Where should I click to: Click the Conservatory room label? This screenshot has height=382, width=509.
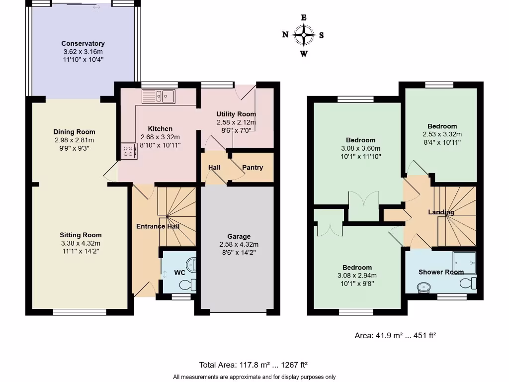pos(83,43)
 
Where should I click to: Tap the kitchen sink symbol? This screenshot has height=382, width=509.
pos(158,96)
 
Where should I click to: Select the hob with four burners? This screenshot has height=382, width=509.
pos(128,150)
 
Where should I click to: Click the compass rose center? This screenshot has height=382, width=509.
pos(304,35)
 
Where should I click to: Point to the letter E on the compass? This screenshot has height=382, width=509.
pos(304,17)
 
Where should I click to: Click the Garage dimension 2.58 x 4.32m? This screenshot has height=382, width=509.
pos(239,244)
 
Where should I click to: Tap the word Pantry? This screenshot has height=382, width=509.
pos(253,168)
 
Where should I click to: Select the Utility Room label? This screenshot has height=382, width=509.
pos(236,114)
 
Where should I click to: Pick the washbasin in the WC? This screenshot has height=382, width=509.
pos(191,264)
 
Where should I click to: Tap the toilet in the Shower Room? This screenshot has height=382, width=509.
pos(468,284)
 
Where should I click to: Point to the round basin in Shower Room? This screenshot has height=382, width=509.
pos(424,286)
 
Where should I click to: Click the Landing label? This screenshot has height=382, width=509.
pos(441,212)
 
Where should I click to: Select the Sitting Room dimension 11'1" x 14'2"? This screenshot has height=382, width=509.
pos(81,252)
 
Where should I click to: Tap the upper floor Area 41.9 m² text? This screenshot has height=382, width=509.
pos(395,336)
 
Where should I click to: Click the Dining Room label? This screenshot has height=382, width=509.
pos(74,132)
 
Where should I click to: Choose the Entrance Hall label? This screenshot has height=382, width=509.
pos(158,226)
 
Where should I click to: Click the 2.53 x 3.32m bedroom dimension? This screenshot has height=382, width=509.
pos(442,134)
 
